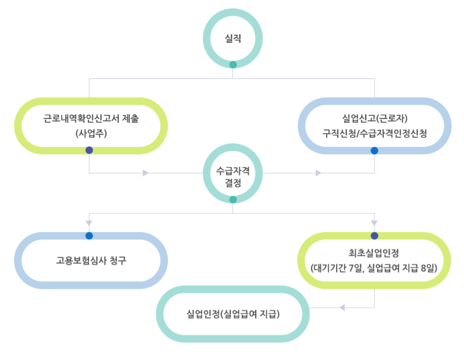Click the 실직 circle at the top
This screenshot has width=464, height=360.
(x=233, y=39)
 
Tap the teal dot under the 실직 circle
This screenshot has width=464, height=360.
(x=233, y=64)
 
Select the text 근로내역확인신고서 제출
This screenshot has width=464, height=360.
(x=91, y=119)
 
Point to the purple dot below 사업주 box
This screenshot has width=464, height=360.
(x=89, y=150)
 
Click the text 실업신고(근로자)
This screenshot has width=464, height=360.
(x=374, y=119)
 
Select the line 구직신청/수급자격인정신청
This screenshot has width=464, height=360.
(x=374, y=134)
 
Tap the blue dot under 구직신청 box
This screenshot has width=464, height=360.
(x=374, y=151)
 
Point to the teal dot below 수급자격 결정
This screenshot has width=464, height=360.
(x=233, y=200)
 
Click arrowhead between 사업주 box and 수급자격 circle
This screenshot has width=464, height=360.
(x=146, y=173)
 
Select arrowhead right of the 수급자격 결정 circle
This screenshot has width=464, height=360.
(x=319, y=173)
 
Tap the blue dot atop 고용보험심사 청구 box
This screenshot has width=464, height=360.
(x=89, y=236)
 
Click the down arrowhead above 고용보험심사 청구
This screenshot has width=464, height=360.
(x=89, y=222)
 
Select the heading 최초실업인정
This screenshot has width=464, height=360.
(x=374, y=253)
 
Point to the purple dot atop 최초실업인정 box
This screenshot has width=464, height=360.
(x=374, y=236)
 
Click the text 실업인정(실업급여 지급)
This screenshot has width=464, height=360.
(x=233, y=314)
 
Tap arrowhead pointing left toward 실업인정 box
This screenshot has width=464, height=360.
(x=342, y=307)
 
